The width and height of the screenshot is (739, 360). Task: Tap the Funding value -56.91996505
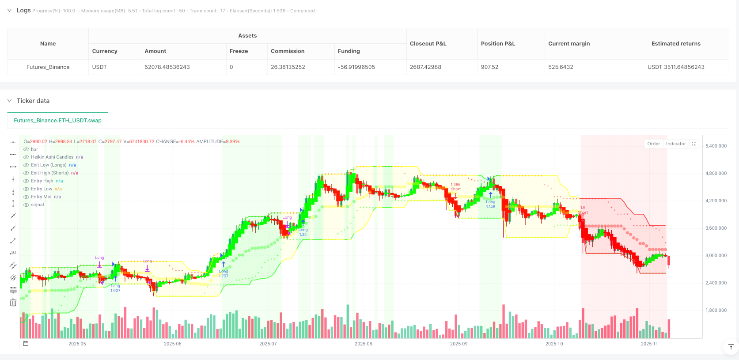pyautogui.click(x=356, y=67)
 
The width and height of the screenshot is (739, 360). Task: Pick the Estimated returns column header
pyautogui.click(x=675, y=44)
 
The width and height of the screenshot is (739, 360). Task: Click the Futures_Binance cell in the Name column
pyautogui.click(x=48, y=67)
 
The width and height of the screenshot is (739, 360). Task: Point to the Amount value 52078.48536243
pyautogui.click(x=167, y=67)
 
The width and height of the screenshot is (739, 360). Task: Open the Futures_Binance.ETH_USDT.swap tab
pyautogui.click(x=57, y=121)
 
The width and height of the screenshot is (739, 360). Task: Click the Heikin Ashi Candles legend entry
pyautogui.click(x=52, y=157)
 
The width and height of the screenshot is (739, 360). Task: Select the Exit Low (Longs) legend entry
pyautogui.click(x=49, y=165)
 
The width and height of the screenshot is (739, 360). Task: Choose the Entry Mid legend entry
pyautogui.click(x=41, y=197)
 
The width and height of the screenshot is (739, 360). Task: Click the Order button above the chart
pyautogui.click(x=653, y=144)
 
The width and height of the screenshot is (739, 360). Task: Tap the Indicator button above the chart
pyautogui.click(x=676, y=144)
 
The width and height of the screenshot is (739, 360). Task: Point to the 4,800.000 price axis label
pyautogui.click(x=716, y=174)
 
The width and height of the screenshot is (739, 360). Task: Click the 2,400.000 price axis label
pyautogui.click(x=716, y=283)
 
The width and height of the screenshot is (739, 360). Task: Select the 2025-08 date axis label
pyautogui.click(x=363, y=344)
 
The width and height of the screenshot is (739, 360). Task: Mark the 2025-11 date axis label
pyautogui.click(x=649, y=344)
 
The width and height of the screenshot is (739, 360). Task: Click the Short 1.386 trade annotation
pyautogui.click(x=455, y=187)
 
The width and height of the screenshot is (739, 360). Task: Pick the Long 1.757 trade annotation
pyautogui.click(x=224, y=273)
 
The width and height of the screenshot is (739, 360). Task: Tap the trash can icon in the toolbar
pyautogui.click(x=13, y=303)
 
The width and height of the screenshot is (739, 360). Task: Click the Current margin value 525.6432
pyautogui.click(x=561, y=67)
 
